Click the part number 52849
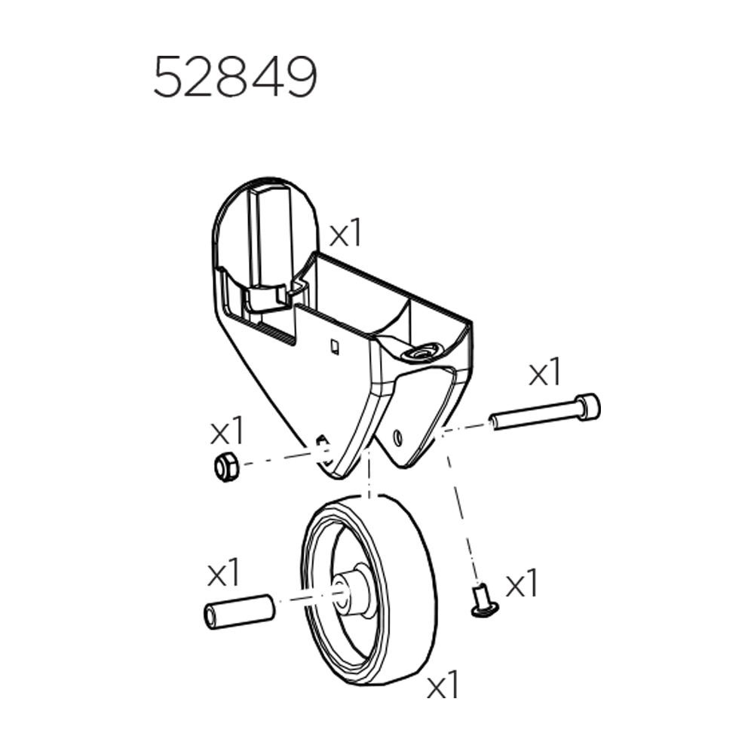pyautogui.click(x=234, y=78)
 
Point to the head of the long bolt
pyautogui.click(x=588, y=406)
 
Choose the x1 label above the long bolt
pyautogui.click(x=545, y=372)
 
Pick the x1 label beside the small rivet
pyautogui.click(x=521, y=584)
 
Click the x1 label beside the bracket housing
pyautogui.click(x=345, y=234)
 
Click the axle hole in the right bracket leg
pyautogui.click(x=398, y=435)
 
